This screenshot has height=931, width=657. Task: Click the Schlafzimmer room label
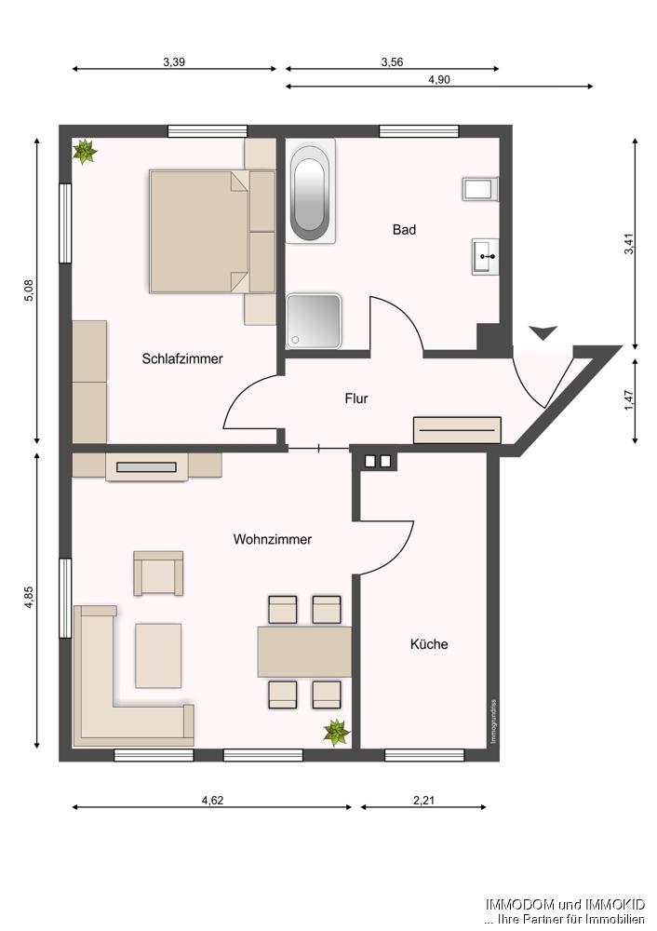click(x=182, y=358)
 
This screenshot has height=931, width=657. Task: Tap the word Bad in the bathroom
click(x=404, y=229)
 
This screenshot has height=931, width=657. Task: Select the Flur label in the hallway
click(x=356, y=398)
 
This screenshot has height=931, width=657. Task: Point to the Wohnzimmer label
click(x=273, y=539)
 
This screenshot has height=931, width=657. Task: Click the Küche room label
click(x=429, y=643)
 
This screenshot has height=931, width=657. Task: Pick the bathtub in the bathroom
click(x=310, y=192)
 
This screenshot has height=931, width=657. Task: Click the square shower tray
click(x=314, y=321)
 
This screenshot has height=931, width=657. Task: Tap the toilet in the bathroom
click(x=480, y=189)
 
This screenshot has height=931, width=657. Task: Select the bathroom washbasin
click(x=485, y=255)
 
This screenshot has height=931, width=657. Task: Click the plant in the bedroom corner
click(x=85, y=151)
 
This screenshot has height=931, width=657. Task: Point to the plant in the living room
click(x=336, y=733)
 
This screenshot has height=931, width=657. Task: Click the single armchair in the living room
click(x=158, y=573)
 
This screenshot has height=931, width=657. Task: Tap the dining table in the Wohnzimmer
click(x=304, y=652)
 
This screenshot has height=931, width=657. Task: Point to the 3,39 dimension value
click(x=174, y=62)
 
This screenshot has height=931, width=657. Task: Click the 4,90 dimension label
click(x=439, y=80)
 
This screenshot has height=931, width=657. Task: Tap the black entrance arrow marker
click(x=542, y=332)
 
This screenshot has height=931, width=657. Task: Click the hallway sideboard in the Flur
click(x=457, y=430)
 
